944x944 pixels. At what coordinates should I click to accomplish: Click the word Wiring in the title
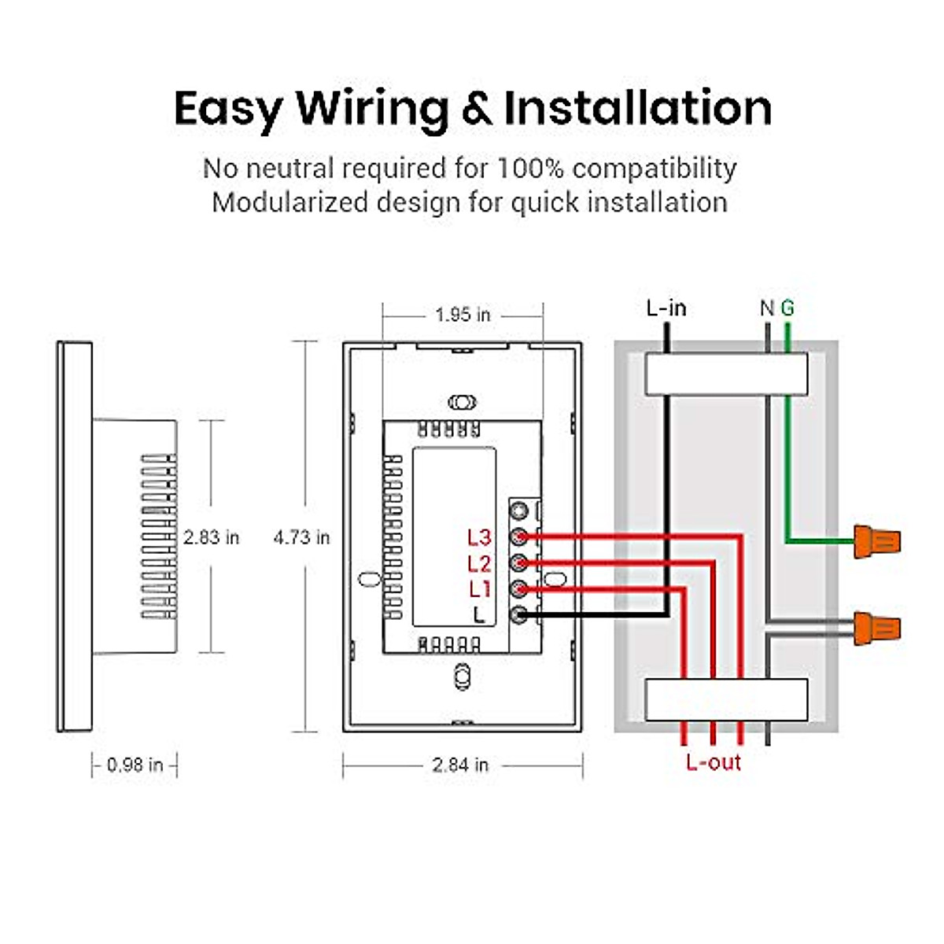pos(372,109)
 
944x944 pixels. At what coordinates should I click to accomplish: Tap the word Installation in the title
pos(637,108)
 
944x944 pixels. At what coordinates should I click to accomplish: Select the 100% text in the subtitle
pos(530,168)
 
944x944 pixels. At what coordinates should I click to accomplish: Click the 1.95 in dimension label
pos(463,315)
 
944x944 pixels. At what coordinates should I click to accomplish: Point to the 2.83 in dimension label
pos(211,537)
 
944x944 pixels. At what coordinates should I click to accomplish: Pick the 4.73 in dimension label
pos(301,537)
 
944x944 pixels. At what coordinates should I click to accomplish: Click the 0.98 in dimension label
pos(135,765)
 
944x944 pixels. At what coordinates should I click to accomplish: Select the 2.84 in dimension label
pos(460,765)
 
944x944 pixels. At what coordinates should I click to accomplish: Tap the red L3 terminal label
pos(479,537)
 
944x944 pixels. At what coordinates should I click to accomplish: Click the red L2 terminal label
pos(479,563)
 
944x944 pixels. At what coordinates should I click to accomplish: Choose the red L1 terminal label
pos(480,589)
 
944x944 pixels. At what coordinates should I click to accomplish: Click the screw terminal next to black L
pos(518,615)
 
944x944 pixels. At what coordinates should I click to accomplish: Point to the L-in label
pos(666,308)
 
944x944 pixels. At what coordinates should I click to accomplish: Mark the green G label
pos(787,308)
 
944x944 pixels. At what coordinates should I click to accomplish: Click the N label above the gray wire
pos(767,308)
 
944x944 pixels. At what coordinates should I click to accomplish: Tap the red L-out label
pos(714,761)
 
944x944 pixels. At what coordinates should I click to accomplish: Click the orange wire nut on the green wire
pos(877,541)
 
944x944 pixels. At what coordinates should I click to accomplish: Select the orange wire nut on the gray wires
pos(877,628)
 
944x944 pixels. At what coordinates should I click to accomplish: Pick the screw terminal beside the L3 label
pos(518,537)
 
